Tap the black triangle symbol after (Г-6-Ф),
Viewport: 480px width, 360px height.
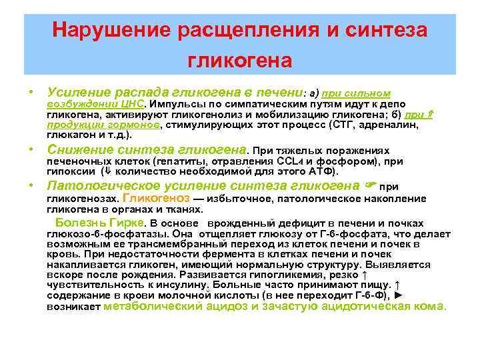pyautogui.click(x=399, y=295)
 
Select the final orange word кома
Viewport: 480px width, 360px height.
pyautogui.click(x=432, y=306)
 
